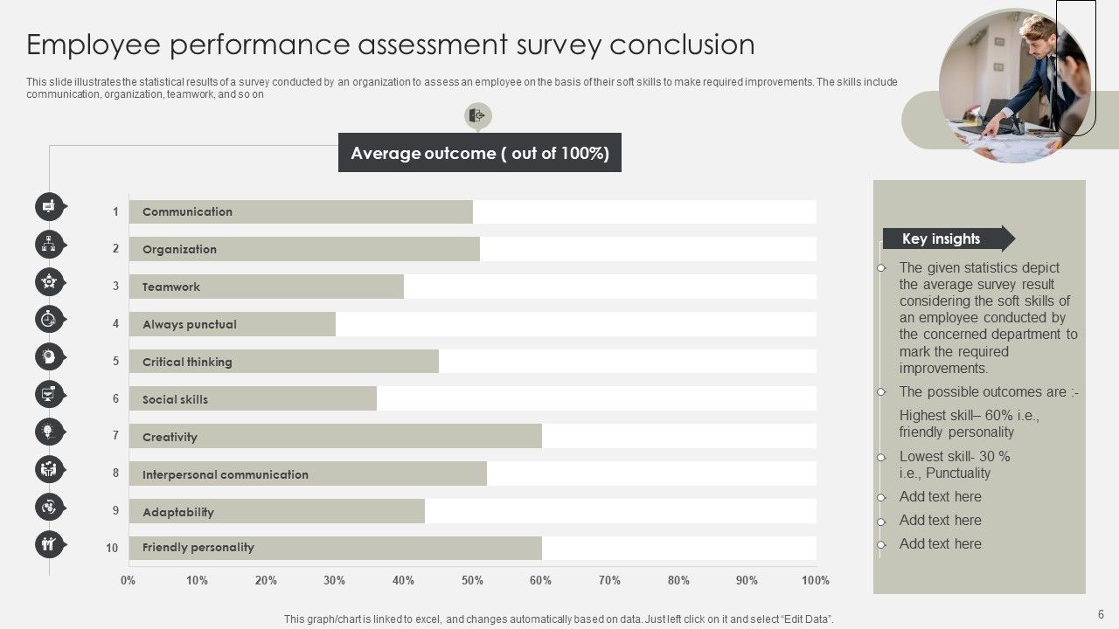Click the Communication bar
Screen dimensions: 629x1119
tap(301, 212)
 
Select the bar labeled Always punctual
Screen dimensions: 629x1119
tap(233, 324)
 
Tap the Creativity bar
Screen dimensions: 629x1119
tap(335, 437)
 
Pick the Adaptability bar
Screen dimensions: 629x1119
tap(276, 512)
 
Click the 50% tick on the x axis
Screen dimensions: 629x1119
tap(472, 580)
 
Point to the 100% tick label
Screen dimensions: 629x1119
tap(815, 580)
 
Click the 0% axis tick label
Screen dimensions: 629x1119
tap(129, 580)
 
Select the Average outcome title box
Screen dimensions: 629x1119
tap(479, 153)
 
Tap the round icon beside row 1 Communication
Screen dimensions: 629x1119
tap(50, 207)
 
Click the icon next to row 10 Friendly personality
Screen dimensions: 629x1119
tap(50, 544)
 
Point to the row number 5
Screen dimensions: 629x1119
tap(115, 361)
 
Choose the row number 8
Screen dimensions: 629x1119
tap(115, 473)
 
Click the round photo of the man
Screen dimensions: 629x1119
tap(1014, 86)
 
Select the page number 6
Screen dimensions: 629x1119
tap(1101, 614)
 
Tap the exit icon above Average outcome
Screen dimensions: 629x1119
tap(477, 115)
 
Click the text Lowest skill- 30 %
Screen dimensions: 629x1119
tap(954, 456)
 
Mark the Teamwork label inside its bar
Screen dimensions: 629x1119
tap(171, 287)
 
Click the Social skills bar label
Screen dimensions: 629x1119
tap(175, 399)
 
